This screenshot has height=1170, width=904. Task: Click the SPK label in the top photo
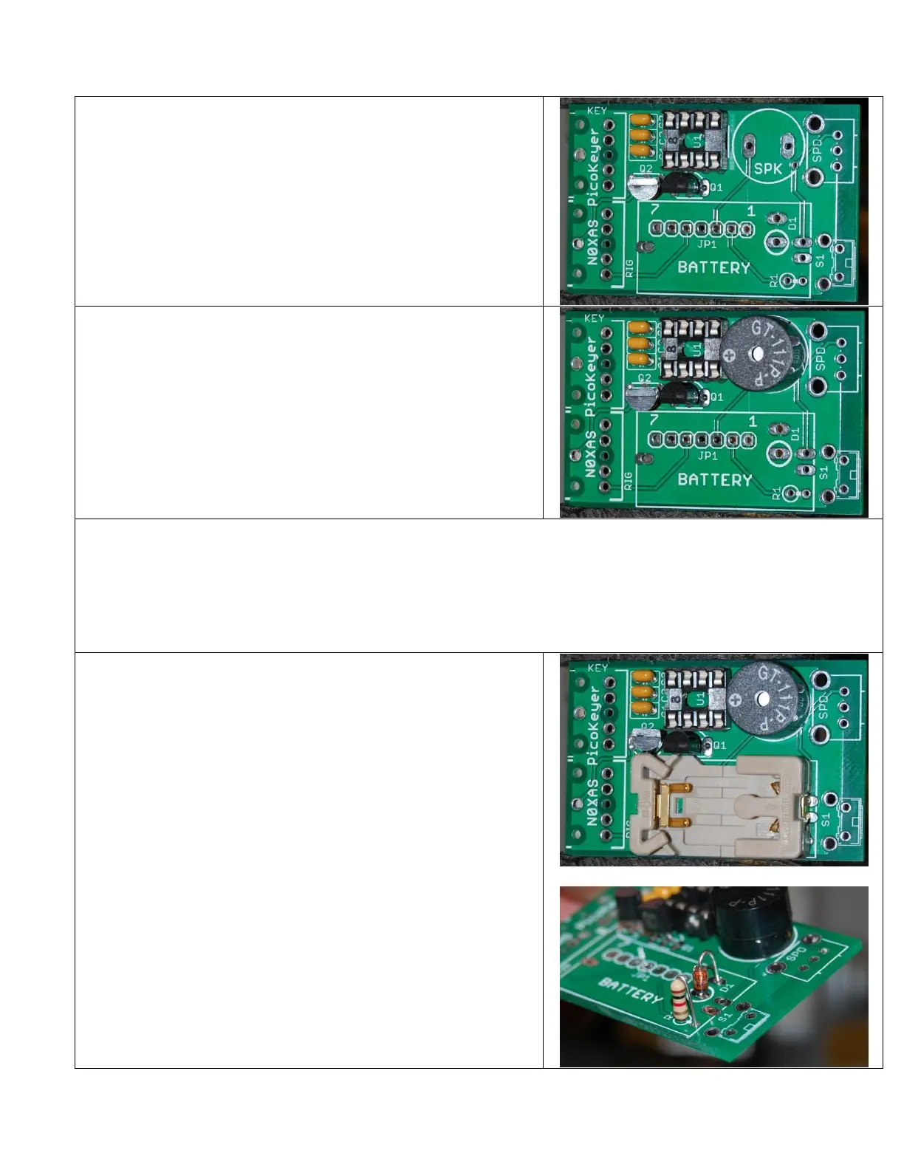[x=767, y=168]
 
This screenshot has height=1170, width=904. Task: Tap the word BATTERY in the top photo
[x=713, y=267]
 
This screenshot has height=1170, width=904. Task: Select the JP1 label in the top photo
[x=707, y=244]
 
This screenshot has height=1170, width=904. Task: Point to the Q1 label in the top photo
[x=716, y=188]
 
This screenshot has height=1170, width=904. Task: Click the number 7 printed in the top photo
[x=654, y=211]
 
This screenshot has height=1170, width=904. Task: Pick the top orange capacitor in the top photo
[x=641, y=120]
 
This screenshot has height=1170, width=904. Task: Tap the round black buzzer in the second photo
[x=756, y=355]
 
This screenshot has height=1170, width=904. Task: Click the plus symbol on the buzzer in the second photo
[x=730, y=355]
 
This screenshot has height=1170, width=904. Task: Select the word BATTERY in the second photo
[x=714, y=479]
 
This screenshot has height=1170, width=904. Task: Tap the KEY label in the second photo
[x=595, y=318]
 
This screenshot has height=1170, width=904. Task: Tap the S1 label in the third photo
[x=825, y=819]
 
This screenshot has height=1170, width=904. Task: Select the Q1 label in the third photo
[x=719, y=745]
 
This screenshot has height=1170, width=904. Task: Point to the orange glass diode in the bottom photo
[x=698, y=980]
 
